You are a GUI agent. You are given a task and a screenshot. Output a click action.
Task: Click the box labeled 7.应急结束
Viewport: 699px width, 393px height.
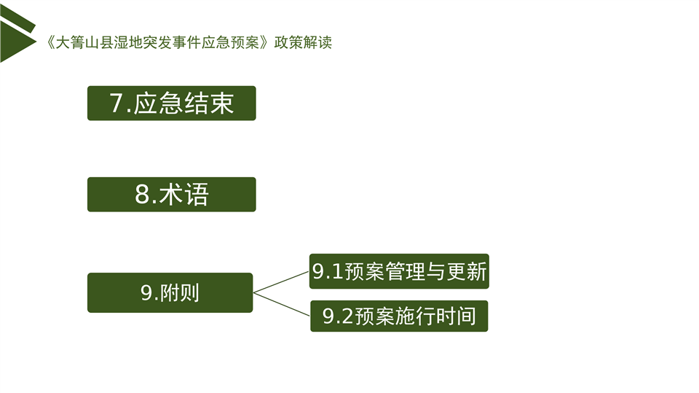click(172, 103)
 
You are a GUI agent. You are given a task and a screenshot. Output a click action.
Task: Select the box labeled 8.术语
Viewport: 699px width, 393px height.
click(172, 194)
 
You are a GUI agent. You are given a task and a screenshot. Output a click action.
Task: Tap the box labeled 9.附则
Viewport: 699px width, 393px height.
click(170, 292)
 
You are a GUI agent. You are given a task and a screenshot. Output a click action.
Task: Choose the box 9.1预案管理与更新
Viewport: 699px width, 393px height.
click(399, 271)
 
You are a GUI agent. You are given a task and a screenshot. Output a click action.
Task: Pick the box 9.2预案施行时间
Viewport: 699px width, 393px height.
click(399, 316)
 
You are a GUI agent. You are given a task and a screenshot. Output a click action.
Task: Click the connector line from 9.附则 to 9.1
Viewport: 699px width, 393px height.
click(281, 281)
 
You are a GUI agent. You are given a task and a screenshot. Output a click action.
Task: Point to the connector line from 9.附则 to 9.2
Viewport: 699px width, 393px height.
click(281, 303)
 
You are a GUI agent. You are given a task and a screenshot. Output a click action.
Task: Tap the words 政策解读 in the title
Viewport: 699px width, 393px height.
click(303, 42)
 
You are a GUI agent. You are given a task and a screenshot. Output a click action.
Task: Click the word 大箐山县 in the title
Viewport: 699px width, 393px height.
click(84, 42)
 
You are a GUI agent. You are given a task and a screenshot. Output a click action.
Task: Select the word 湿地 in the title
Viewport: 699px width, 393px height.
click(128, 42)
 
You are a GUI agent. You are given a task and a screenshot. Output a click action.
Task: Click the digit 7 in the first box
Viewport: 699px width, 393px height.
click(116, 103)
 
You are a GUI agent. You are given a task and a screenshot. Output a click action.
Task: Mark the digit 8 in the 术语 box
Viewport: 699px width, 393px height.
click(142, 194)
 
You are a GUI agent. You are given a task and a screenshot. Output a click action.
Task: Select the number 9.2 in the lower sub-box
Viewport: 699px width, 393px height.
click(339, 316)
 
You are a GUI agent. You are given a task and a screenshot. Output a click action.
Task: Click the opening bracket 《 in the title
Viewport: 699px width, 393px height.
click(50, 42)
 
